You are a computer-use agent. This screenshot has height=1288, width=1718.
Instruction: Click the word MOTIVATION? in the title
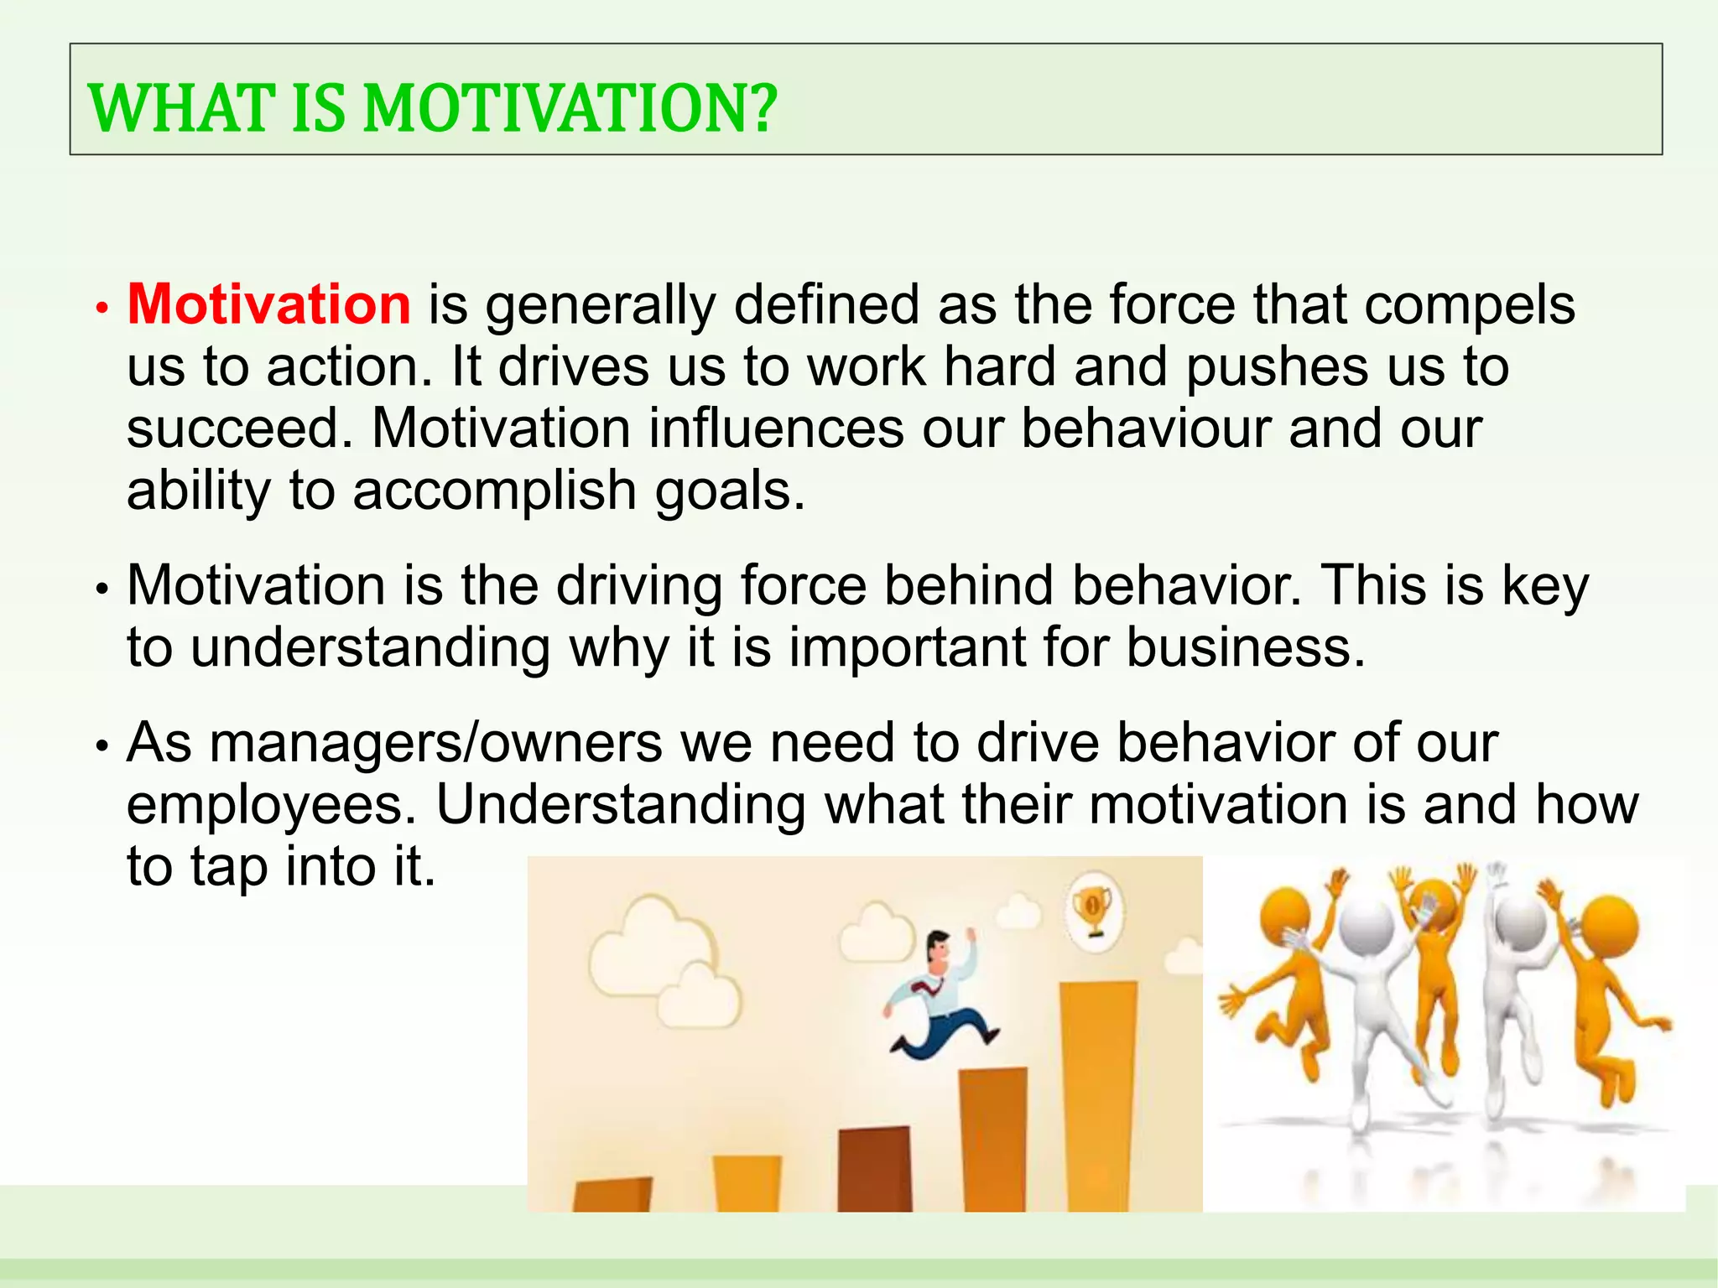point(570,109)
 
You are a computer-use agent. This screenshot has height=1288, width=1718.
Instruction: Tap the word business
point(1245,647)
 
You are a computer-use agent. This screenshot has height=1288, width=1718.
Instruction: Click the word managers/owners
point(436,743)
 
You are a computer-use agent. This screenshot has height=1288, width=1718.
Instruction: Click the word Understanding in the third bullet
point(620,805)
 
